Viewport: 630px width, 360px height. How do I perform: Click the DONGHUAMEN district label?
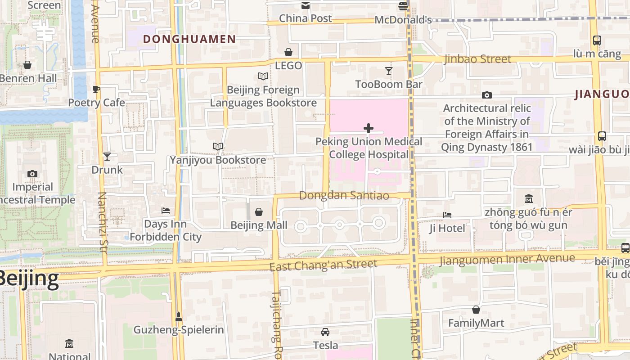[x=189, y=39]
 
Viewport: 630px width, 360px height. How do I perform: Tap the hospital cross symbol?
[x=369, y=129]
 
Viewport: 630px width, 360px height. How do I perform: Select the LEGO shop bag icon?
[x=288, y=53]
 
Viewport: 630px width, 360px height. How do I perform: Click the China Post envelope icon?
[x=306, y=5]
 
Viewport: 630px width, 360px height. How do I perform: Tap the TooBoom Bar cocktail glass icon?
[x=388, y=71]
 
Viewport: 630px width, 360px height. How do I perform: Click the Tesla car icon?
[x=325, y=332]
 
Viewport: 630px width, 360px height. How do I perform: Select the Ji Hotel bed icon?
[x=447, y=215]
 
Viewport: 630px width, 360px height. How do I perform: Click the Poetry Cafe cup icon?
[x=96, y=89]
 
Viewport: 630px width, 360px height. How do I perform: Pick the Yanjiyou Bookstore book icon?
[x=218, y=147]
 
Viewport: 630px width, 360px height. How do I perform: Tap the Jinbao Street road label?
[x=477, y=59]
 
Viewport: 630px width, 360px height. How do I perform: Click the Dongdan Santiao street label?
[x=344, y=196]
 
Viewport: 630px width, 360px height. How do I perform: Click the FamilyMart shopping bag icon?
[x=476, y=310]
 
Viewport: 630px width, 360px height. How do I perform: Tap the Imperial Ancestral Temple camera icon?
[x=32, y=174]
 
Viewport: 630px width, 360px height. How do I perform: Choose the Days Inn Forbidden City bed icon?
[x=166, y=211]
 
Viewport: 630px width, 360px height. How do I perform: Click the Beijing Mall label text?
[x=259, y=225]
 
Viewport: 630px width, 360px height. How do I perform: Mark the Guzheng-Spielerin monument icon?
[x=179, y=317]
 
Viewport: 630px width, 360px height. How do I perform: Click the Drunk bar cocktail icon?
[x=107, y=157]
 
